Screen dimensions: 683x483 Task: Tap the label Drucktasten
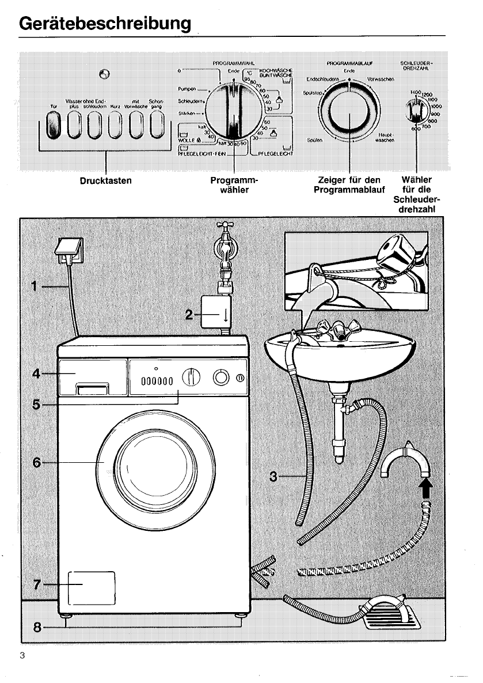tap(106, 181)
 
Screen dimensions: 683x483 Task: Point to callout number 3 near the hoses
tap(275, 476)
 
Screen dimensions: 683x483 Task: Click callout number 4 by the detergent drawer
tap(36, 374)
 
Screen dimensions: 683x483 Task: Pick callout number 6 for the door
tap(36, 462)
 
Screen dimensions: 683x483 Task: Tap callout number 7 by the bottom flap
tap(36, 584)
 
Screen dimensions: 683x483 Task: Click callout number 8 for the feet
tap(36, 628)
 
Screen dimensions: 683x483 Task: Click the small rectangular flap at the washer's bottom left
tap(92, 586)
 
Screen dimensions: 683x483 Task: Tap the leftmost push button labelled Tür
tap(53, 126)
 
